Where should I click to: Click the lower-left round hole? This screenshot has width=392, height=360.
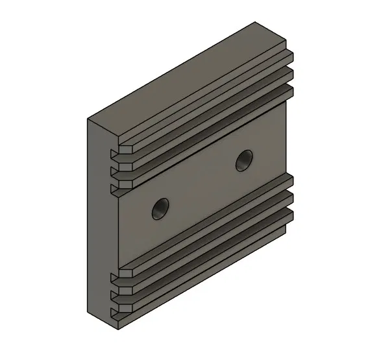tap(158, 208)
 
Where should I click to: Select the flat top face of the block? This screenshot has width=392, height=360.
tap(188, 71)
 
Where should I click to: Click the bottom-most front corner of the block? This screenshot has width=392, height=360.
tap(117, 324)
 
